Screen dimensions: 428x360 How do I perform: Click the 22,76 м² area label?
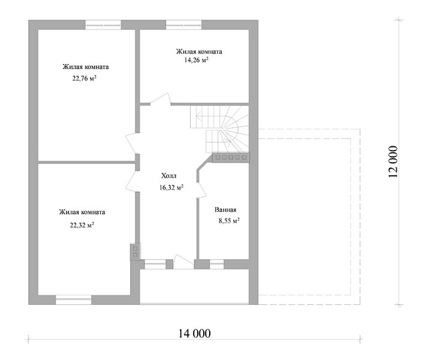tap(85, 79)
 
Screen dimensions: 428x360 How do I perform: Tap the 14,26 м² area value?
tap(196, 60)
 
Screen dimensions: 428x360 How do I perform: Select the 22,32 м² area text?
tap(82, 225)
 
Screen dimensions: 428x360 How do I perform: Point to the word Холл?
tap(168, 176)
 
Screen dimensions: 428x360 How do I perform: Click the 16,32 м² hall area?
tap(171, 187)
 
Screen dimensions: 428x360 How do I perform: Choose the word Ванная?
tap(225, 210)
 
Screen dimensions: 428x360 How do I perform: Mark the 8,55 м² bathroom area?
tap(229, 220)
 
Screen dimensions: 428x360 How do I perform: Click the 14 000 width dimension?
tap(195, 334)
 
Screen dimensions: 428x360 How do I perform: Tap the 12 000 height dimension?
tap(393, 161)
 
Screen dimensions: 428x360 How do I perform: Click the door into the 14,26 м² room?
tap(161, 99)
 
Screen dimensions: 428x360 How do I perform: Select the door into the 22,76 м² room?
tap(132, 143)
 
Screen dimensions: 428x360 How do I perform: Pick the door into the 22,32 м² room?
tap(132, 181)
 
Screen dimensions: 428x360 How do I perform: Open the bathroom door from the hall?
tap(201, 189)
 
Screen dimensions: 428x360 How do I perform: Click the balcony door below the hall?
tap(183, 262)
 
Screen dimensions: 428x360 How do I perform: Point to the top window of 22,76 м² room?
tap(103, 25)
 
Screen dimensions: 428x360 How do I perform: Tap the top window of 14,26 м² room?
tap(183, 25)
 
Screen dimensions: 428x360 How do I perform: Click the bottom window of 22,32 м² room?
tap(73, 299)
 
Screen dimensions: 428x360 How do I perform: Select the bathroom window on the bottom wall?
tap(216, 264)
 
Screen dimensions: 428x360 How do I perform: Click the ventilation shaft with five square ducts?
tap(231, 158)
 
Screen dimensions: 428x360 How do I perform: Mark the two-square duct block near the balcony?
tap(135, 251)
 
